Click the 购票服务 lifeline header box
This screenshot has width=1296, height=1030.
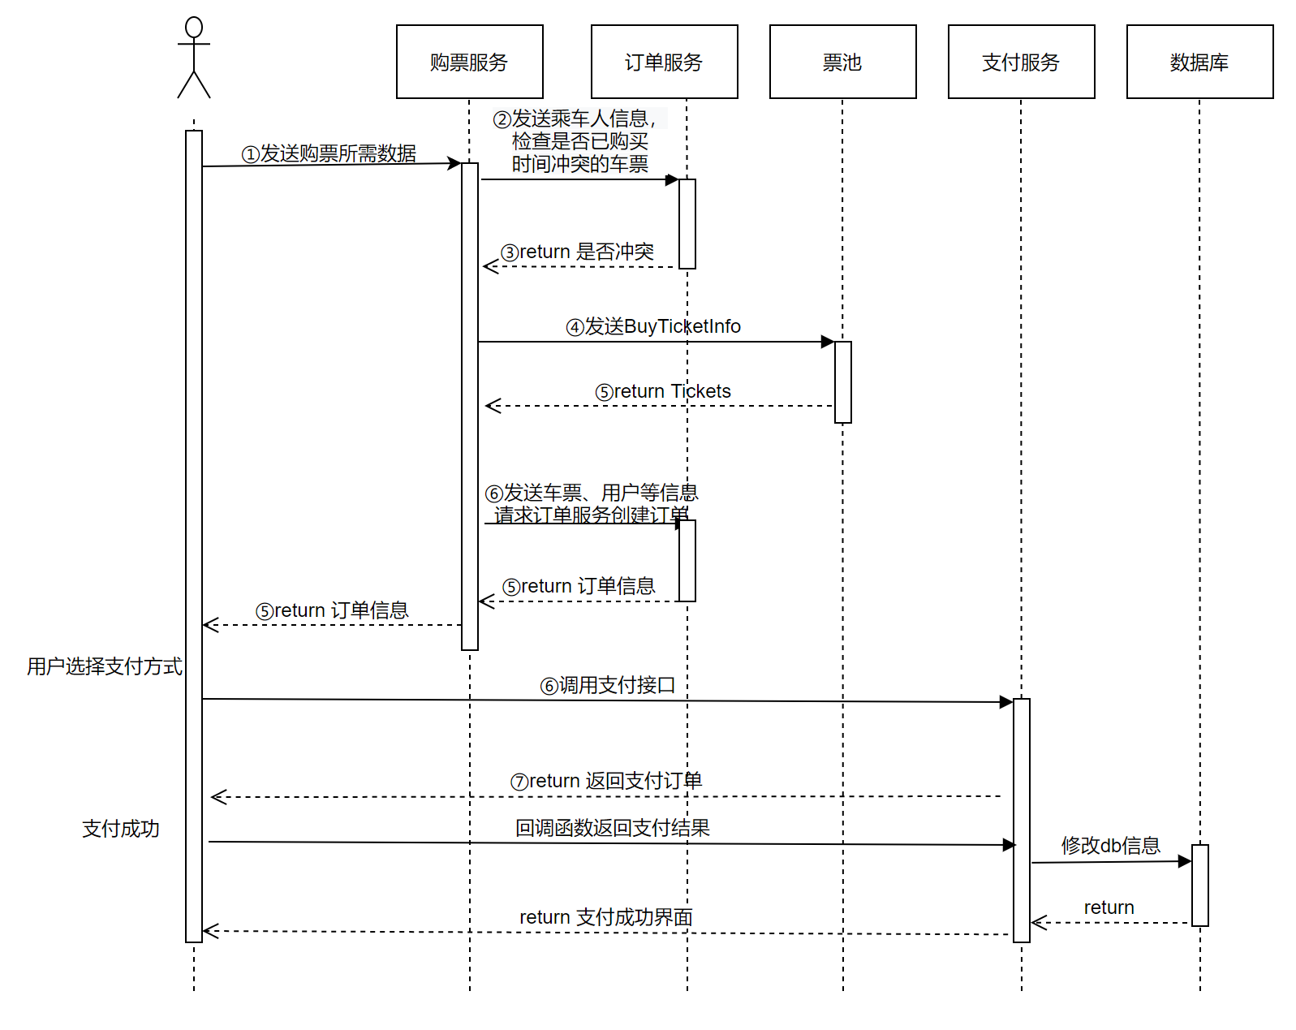point(469,62)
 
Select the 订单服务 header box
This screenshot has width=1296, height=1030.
point(665,62)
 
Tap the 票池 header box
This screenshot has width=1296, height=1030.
point(842,62)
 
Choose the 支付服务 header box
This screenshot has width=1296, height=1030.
point(1022,62)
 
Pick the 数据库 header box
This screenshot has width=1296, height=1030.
point(1199,62)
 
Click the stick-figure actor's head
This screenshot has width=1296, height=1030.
point(194,27)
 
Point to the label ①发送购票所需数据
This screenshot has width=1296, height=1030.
point(328,153)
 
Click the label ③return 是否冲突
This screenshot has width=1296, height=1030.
point(577,252)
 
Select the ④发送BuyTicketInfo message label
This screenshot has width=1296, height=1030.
point(652,326)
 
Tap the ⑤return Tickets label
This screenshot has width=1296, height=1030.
point(662,391)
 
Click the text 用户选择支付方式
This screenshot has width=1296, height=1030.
point(104,666)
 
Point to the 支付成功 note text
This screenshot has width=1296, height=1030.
point(120,829)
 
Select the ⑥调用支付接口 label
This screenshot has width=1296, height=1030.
point(607,686)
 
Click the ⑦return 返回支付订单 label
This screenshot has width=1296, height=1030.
point(606,782)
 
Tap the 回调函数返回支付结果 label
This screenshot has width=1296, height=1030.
point(613,828)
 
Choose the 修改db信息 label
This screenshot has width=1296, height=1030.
point(1110,846)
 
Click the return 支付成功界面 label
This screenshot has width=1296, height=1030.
point(606,917)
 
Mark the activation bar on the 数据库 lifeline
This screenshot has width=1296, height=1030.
point(1199,885)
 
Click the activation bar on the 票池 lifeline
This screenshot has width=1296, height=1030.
point(842,381)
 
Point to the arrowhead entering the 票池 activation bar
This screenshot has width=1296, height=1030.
point(828,342)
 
